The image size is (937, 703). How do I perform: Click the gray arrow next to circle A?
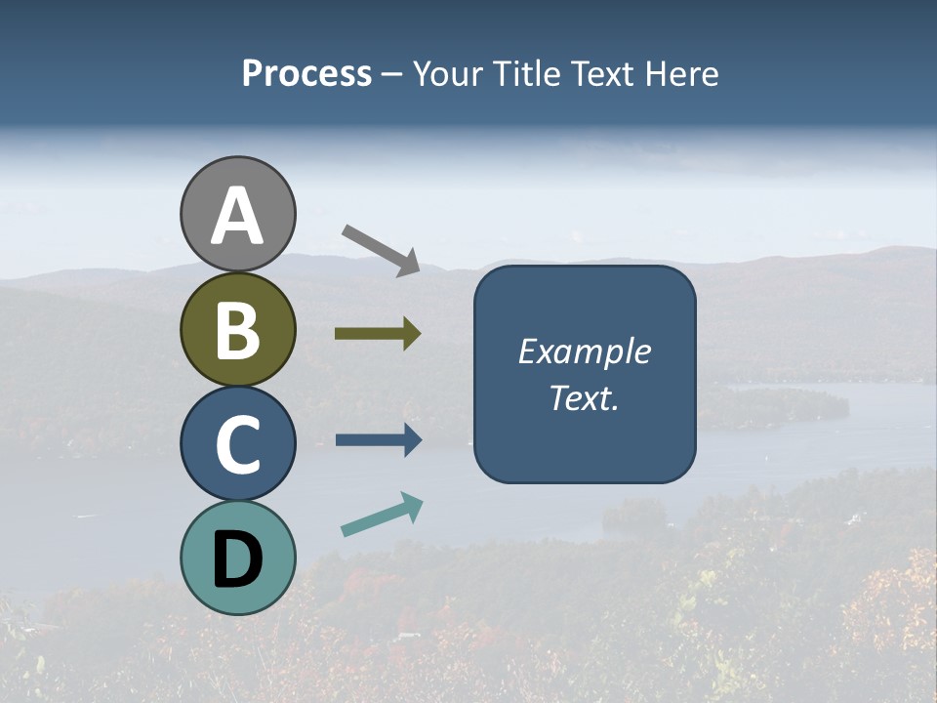(x=382, y=249)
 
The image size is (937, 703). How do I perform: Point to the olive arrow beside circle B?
(x=378, y=334)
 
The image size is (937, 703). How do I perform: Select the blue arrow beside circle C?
(x=379, y=440)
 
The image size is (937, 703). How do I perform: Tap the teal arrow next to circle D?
(x=382, y=515)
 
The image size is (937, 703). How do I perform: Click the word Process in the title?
(x=306, y=74)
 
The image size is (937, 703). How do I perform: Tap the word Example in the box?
(x=584, y=351)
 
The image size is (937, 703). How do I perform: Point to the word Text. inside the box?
(x=584, y=397)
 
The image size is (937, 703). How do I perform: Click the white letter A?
(x=237, y=217)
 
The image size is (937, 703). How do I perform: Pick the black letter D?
(x=237, y=559)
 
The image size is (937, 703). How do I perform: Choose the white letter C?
(x=237, y=445)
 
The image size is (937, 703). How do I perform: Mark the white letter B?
(x=237, y=331)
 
